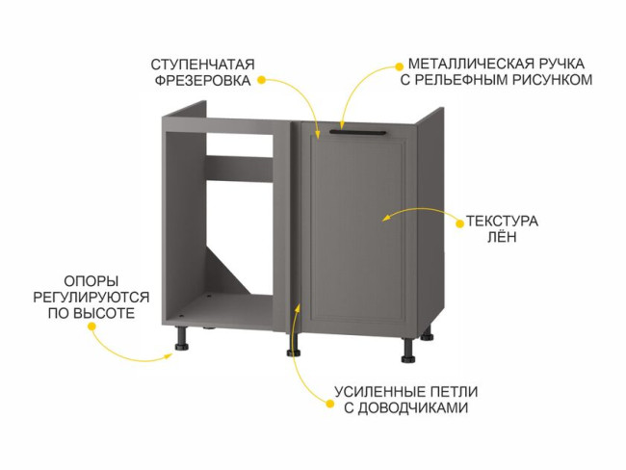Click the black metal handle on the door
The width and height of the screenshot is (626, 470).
point(358,132)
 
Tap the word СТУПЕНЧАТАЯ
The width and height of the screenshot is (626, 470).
point(203,64)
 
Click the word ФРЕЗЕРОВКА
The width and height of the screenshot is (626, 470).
point(203,80)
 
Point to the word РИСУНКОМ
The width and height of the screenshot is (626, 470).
point(552,80)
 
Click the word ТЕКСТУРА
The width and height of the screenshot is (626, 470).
point(502,221)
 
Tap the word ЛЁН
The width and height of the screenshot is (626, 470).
point(502,237)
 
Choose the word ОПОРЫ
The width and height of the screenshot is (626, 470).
point(91,281)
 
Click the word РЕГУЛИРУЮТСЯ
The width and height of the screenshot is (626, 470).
point(91,297)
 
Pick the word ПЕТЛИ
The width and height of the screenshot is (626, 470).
point(454,392)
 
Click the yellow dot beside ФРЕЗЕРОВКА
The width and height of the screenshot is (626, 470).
point(261,80)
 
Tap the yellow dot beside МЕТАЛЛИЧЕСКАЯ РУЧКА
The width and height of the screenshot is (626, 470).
point(399,65)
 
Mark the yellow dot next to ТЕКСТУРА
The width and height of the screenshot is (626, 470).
point(460,223)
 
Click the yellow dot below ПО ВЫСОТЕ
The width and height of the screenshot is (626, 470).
point(91,326)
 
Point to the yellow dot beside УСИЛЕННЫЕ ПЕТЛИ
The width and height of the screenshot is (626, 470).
point(329,404)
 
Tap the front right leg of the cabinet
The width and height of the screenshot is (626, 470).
point(408,351)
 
